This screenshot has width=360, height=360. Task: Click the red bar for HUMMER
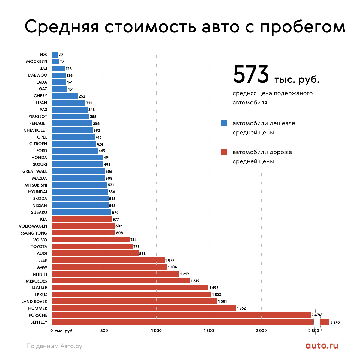pos(144,308)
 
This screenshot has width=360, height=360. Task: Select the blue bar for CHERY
pos(65,96)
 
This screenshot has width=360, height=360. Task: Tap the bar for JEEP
pos(108,260)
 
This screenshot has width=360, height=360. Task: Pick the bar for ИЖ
pos(55,55)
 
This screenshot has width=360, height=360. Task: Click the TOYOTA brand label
pos(39,247)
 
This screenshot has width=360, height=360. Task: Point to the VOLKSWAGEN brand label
pos(33,226)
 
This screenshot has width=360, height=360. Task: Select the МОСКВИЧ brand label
pos(37,61)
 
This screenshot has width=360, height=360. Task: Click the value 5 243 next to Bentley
pos(335,322)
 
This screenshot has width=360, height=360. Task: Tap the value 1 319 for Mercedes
pos(195,281)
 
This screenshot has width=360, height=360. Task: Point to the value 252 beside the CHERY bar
pos(82,96)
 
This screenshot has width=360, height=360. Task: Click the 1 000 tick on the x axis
pos(156,331)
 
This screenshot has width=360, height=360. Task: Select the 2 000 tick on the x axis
pos(261,331)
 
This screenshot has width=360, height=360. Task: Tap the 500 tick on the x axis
pos(104,331)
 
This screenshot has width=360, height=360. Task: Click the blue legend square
pos(224,123)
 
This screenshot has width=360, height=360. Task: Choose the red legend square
pos(224,152)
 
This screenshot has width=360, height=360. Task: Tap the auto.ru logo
pos(322,346)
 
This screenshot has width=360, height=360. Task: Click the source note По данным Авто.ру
pos(54,346)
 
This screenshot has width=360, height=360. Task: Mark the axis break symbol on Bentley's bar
pos(317,322)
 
